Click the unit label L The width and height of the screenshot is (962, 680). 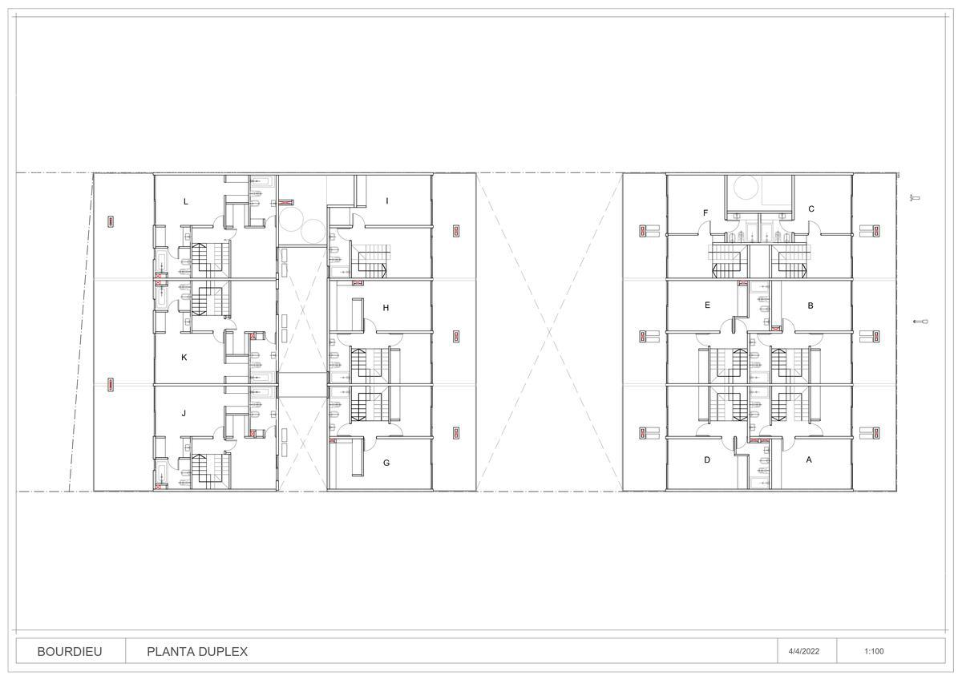185,201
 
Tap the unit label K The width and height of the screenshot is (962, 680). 184,358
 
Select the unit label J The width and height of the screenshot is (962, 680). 184,413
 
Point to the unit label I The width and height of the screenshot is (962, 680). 387,200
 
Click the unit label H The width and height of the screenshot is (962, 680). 386,308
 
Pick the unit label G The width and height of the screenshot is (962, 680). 386,463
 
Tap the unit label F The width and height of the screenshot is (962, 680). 705,212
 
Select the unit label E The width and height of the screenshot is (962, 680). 707,305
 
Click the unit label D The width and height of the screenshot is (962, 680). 707,459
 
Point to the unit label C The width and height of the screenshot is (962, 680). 811,208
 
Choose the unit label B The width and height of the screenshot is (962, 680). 810,306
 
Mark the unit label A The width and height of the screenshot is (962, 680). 809,459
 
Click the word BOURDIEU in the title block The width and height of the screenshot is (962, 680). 70,651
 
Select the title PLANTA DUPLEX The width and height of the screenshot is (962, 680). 197,651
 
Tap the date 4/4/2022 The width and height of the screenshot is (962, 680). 803,651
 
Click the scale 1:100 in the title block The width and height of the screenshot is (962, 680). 874,651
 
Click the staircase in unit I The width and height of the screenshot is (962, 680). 372,261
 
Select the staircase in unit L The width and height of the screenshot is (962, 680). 210,260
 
